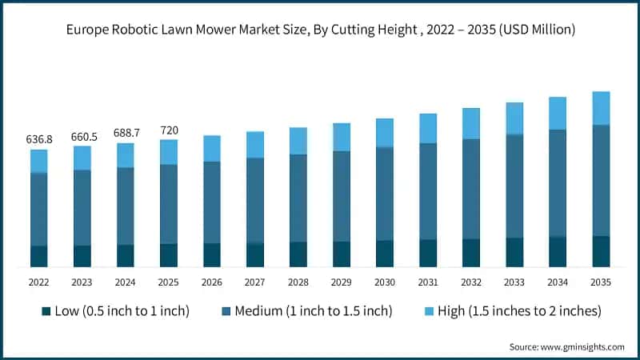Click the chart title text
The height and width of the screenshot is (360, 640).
coord(320,30)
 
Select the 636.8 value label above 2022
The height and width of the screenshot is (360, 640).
coord(39,139)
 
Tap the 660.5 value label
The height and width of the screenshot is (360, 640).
coord(82,136)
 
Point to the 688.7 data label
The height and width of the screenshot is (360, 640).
coord(126,133)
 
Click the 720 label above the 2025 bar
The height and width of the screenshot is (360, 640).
coord(169,130)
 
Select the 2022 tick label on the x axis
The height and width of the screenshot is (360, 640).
coord(39,282)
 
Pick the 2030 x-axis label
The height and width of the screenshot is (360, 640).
coord(385,282)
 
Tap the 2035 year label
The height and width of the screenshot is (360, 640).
coord(601,282)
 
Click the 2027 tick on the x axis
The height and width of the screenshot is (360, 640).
coord(255,282)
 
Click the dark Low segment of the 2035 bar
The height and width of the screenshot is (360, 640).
coord(601,251)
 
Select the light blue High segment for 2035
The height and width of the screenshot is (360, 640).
coord(601,108)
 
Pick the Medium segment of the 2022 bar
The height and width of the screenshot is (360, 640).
coord(39,209)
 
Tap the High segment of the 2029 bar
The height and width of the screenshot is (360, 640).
coord(342,137)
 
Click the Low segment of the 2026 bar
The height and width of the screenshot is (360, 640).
coord(212,254)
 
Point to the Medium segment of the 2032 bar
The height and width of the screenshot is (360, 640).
coord(471,189)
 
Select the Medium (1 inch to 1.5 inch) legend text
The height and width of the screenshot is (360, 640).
coord(314,311)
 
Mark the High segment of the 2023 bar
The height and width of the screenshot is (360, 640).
coord(82,158)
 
